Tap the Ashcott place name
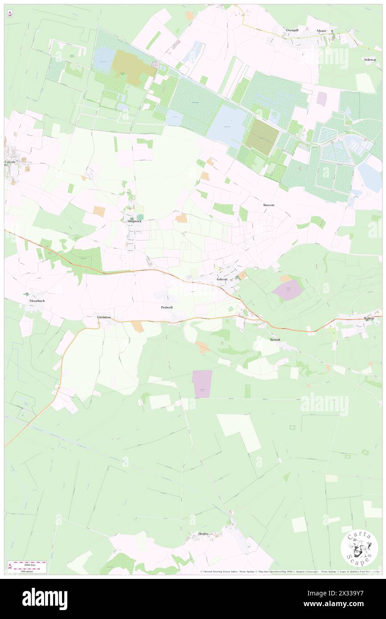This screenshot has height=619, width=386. [222, 279]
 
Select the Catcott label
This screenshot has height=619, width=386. [10, 162]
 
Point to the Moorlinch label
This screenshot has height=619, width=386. [37, 301]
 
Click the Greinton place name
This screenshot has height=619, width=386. [103, 317]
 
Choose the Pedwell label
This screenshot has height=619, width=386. [167, 307]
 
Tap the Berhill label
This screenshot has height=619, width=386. [275, 339]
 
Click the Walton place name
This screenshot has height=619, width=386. [369, 318]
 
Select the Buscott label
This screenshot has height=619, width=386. [269, 205]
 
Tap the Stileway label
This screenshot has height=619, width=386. [370, 59]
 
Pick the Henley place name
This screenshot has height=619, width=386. [203, 533]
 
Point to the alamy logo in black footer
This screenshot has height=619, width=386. [45, 599]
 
